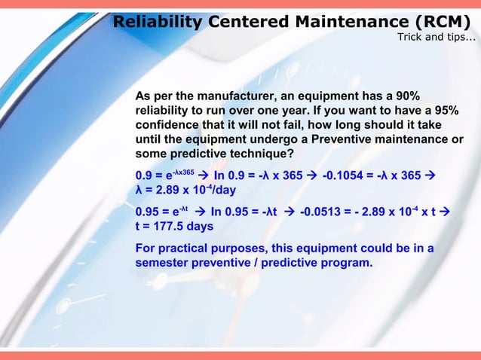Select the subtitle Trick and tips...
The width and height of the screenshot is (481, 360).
[437, 38]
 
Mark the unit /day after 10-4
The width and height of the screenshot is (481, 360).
[220, 191]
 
